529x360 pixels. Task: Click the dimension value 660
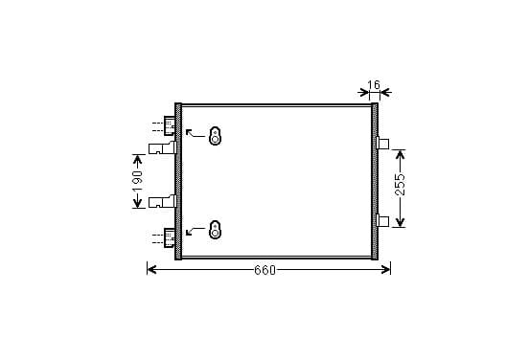[x=264, y=270]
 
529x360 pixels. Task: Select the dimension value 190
[x=137, y=181]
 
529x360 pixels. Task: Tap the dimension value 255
[x=400, y=185]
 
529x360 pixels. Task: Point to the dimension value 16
[x=374, y=84]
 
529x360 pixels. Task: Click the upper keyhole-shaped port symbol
[x=215, y=136]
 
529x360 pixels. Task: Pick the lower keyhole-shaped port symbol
[x=215, y=230]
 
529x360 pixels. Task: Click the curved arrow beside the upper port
[x=195, y=133]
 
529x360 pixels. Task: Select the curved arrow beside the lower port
[x=195, y=231]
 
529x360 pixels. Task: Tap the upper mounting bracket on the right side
[x=382, y=143]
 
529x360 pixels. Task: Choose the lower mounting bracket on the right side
[x=382, y=221]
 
